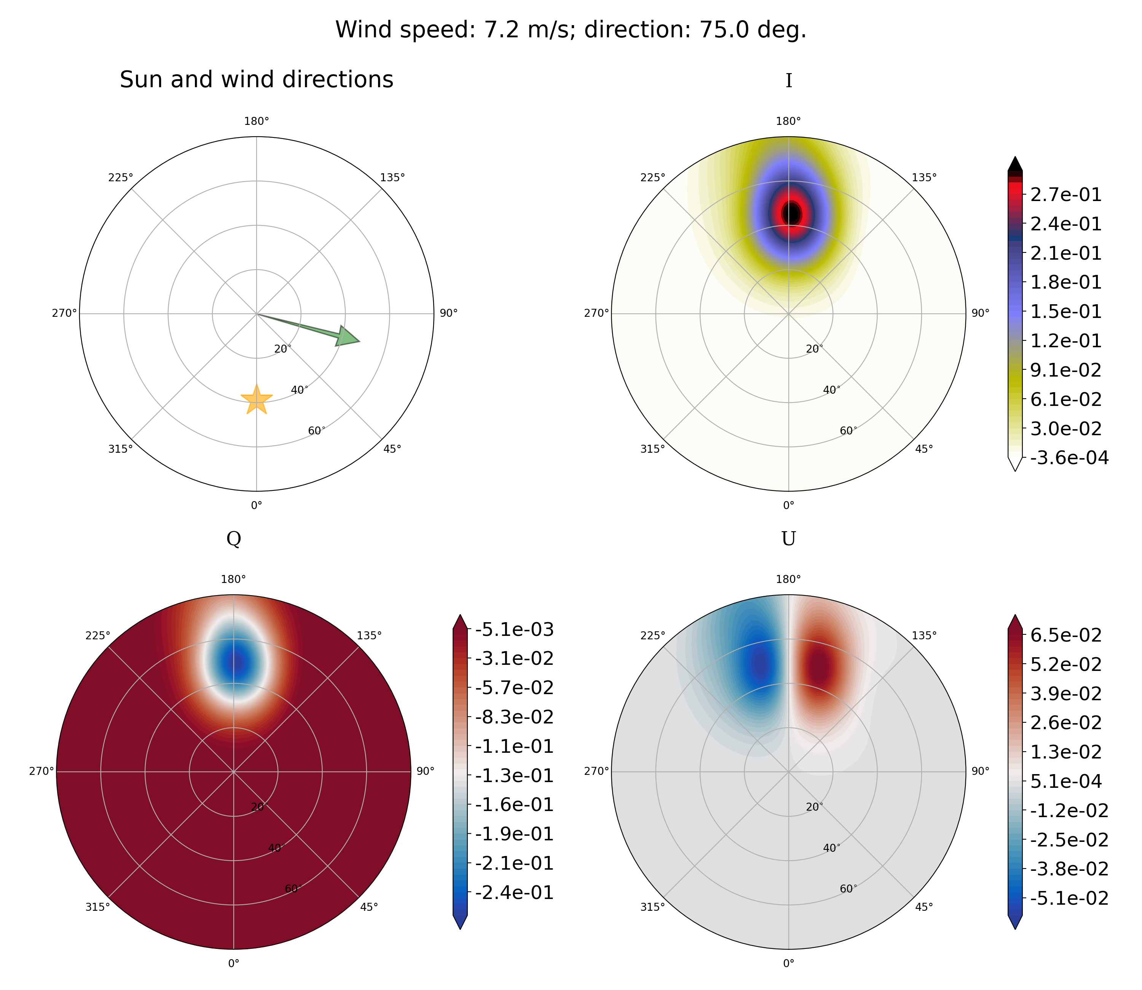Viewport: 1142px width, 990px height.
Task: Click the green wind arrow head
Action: pos(348,337)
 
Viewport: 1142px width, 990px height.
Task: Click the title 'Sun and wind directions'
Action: pos(257,80)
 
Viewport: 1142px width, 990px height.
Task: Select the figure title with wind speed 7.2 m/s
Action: pos(571,30)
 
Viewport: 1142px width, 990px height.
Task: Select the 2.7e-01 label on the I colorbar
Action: pos(1066,195)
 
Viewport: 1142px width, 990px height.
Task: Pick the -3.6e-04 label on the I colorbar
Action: pos(1070,457)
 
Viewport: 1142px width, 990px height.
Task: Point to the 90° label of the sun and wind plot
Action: pos(448,314)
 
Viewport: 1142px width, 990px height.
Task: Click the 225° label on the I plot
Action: pos(653,177)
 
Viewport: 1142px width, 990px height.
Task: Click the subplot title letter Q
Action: pos(234,539)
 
